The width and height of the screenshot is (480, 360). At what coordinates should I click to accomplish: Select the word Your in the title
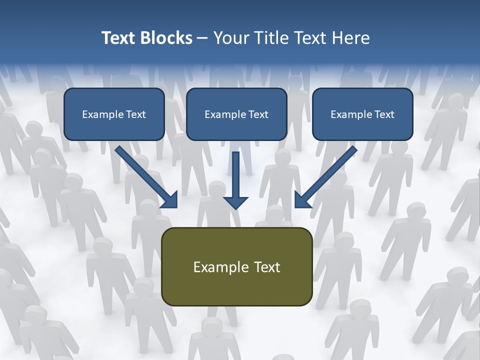[x=229, y=38]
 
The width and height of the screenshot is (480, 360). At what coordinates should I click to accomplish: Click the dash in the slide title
[x=202, y=38]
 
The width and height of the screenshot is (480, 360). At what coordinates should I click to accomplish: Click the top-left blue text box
[x=114, y=127]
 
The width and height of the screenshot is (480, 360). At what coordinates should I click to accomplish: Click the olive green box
[x=236, y=287]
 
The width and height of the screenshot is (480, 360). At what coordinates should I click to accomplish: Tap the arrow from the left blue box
[x=145, y=175]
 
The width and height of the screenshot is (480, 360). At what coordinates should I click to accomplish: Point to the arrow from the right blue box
[x=327, y=175]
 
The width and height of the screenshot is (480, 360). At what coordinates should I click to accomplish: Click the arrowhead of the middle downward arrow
[x=235, y=202]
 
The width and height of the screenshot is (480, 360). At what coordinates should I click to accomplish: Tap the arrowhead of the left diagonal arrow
[x=170, y=200]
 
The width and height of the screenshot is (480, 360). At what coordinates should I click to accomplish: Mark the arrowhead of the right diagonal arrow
[x=302, y=200]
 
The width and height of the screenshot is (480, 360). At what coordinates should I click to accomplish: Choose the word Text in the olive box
[x=267, y=267]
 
